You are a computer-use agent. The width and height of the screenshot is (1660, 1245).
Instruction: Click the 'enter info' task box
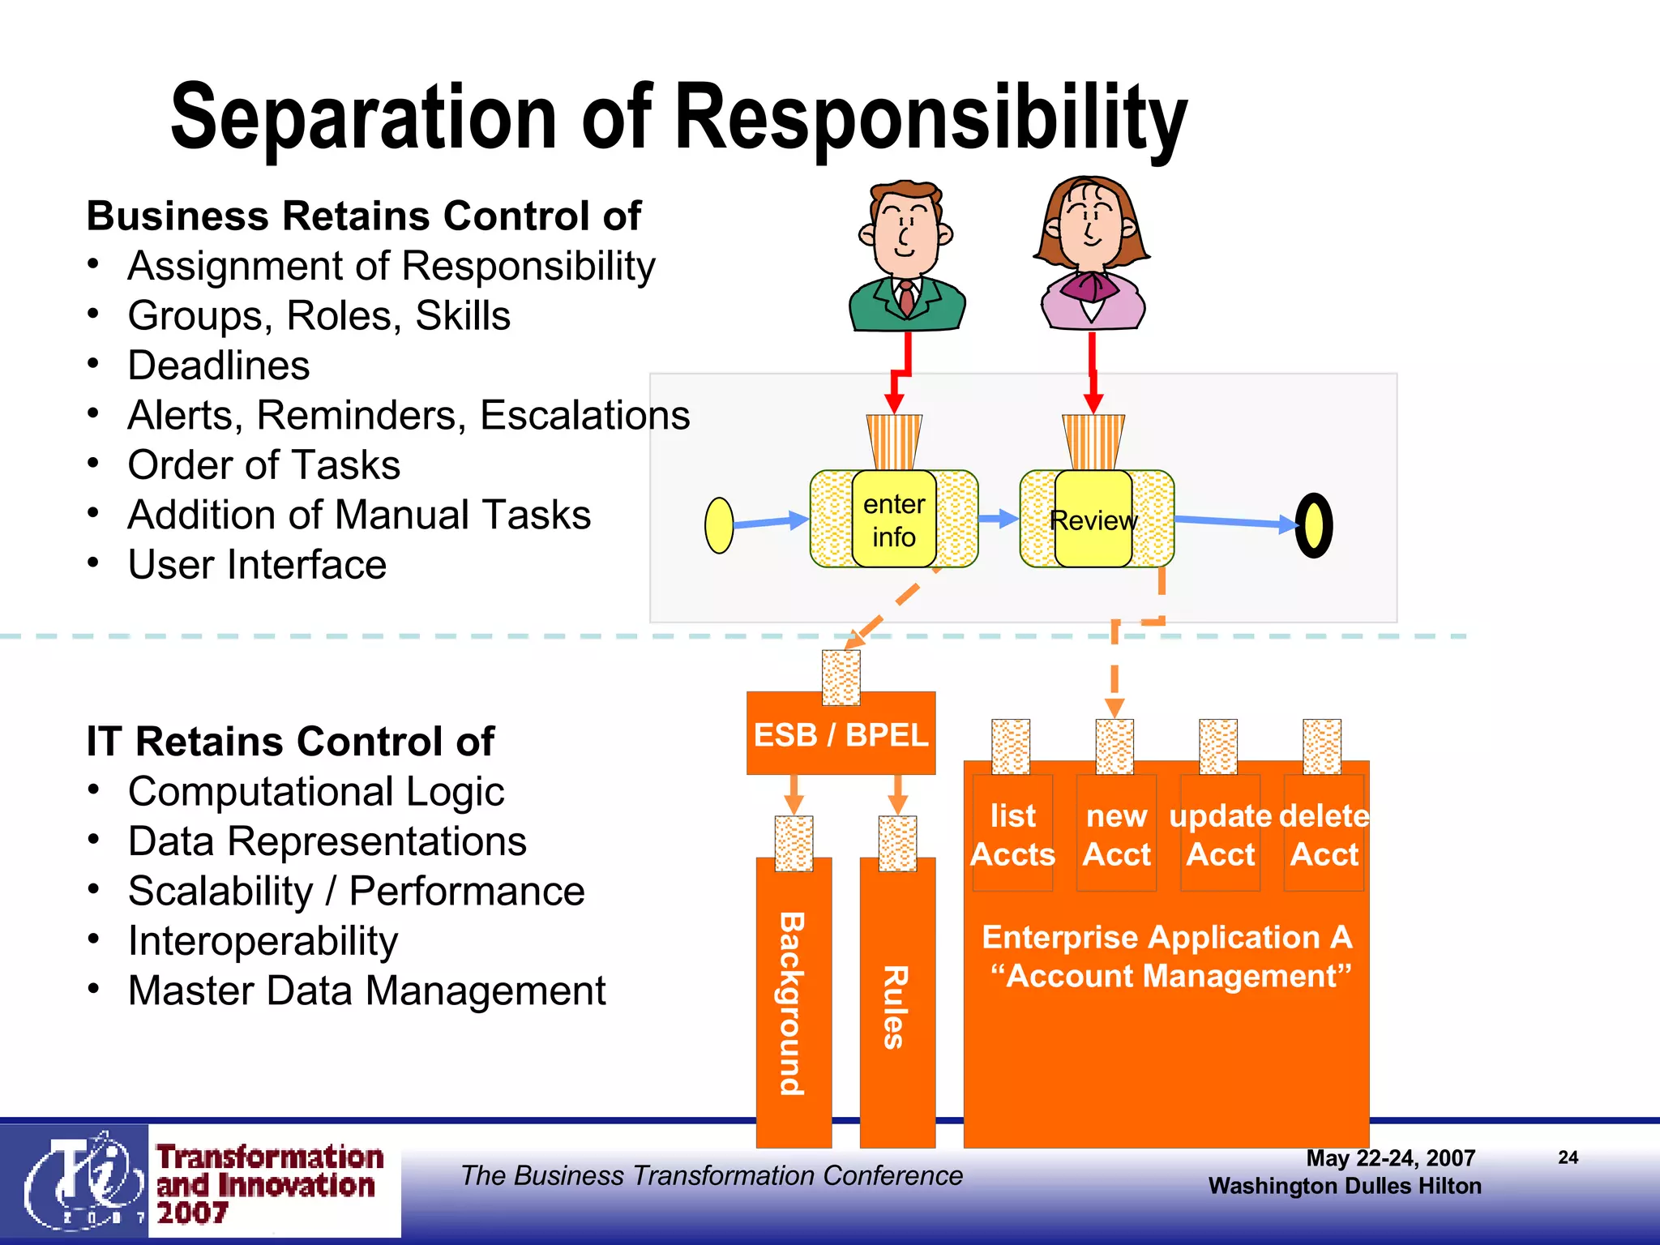coord(894,520)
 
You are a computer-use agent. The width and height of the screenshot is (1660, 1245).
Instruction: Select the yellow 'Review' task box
coord(1093,520)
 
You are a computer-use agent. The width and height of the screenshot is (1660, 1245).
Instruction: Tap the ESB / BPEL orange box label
coord(841,734)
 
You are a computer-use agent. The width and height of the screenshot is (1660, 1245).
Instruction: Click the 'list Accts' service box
coord(1012,834)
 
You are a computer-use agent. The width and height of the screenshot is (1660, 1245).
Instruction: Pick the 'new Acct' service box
coord(1116,834)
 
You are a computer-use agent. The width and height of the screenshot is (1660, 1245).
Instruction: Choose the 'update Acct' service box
coord(1220,834)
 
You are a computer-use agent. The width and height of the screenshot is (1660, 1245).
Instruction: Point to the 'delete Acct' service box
coord(1324,834)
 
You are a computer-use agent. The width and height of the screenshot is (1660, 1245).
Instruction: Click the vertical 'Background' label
coord(793,1003)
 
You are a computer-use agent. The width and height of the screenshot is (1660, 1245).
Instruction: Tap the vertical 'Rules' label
coord(896,1007)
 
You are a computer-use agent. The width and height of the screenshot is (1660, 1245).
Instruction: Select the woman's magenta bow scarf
coord(1090,285)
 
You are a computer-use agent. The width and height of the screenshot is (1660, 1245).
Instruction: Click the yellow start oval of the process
coord(719,525)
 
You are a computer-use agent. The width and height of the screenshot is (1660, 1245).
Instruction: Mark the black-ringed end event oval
coord(1314,525)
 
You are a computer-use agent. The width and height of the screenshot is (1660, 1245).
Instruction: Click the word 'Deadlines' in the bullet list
coord(219,366)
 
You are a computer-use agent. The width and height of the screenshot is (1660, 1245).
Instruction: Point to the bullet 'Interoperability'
coord(263,941)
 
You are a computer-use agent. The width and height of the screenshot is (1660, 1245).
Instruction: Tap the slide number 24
coord(1568,1157)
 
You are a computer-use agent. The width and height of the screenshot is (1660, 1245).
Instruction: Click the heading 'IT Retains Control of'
coord(290,741)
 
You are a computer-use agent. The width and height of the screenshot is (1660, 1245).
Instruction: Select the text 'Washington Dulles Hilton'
coord(1345,1186)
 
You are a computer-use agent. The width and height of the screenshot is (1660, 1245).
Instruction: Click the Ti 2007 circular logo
coord(79,1180)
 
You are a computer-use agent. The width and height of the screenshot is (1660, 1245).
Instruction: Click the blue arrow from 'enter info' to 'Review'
coord(999,519)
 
